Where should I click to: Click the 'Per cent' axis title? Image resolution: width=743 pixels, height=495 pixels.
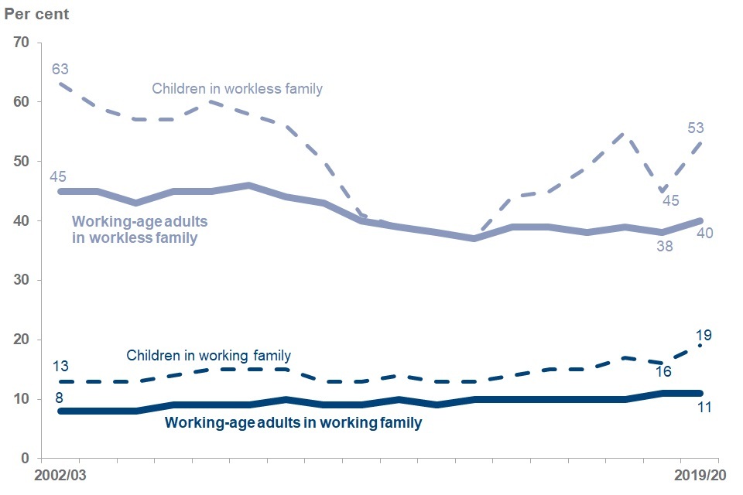36,14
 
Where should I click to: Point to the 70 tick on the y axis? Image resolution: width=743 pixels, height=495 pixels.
22,43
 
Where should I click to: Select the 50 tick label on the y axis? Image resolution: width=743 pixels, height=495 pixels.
22,162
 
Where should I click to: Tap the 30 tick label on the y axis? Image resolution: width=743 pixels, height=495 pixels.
22,281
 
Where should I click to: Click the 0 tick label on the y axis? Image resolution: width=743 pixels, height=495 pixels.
25,459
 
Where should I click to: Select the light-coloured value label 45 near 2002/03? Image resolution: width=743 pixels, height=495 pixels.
58,176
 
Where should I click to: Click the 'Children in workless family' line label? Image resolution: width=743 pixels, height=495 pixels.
237,89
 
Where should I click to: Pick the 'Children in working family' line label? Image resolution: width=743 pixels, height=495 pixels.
209,356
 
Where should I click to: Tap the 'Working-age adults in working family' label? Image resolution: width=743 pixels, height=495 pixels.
293,423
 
